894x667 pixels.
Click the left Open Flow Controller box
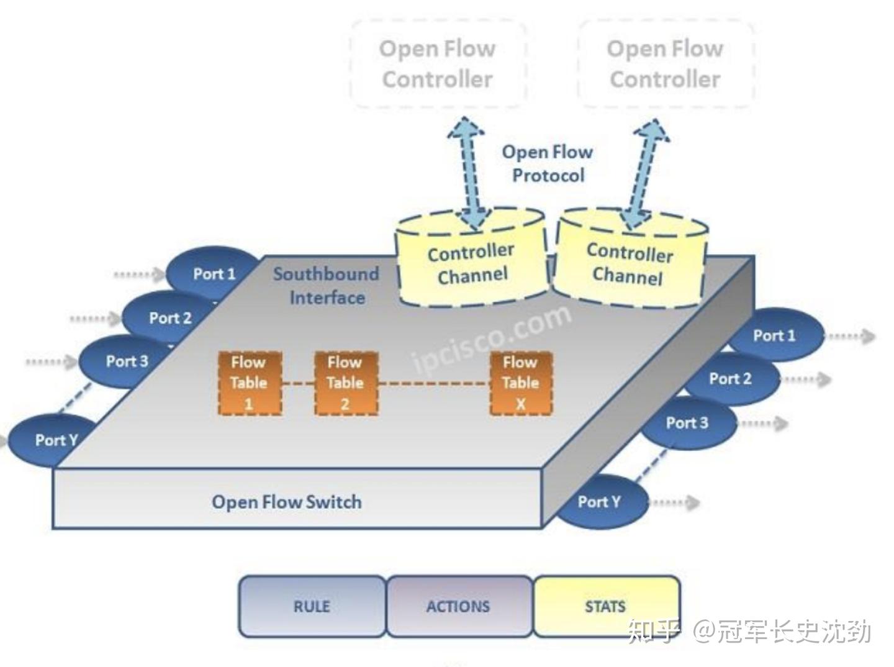tap(438, 64)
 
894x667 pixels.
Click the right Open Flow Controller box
tap(665, 64)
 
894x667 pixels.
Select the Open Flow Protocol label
tap(547, 163)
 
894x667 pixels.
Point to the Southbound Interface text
tap(327, 286)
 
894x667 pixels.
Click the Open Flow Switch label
tap(287, 502)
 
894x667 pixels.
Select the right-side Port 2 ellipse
tap(731, 379)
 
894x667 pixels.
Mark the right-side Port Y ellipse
tap(600, 502)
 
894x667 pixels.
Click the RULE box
tap(312, 606)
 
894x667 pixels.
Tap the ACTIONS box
tap(458, 606)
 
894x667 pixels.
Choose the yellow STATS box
tap(605, 606)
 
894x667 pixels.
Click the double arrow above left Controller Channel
tap(470, 174)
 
